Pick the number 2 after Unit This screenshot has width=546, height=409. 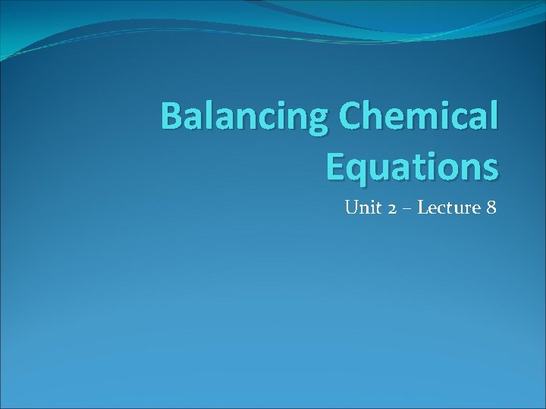[x=391, y=208]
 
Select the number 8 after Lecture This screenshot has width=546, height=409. [x=491, y=207]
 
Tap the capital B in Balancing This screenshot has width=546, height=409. [x=173, y=117]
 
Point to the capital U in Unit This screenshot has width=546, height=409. [x=351, y=207]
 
